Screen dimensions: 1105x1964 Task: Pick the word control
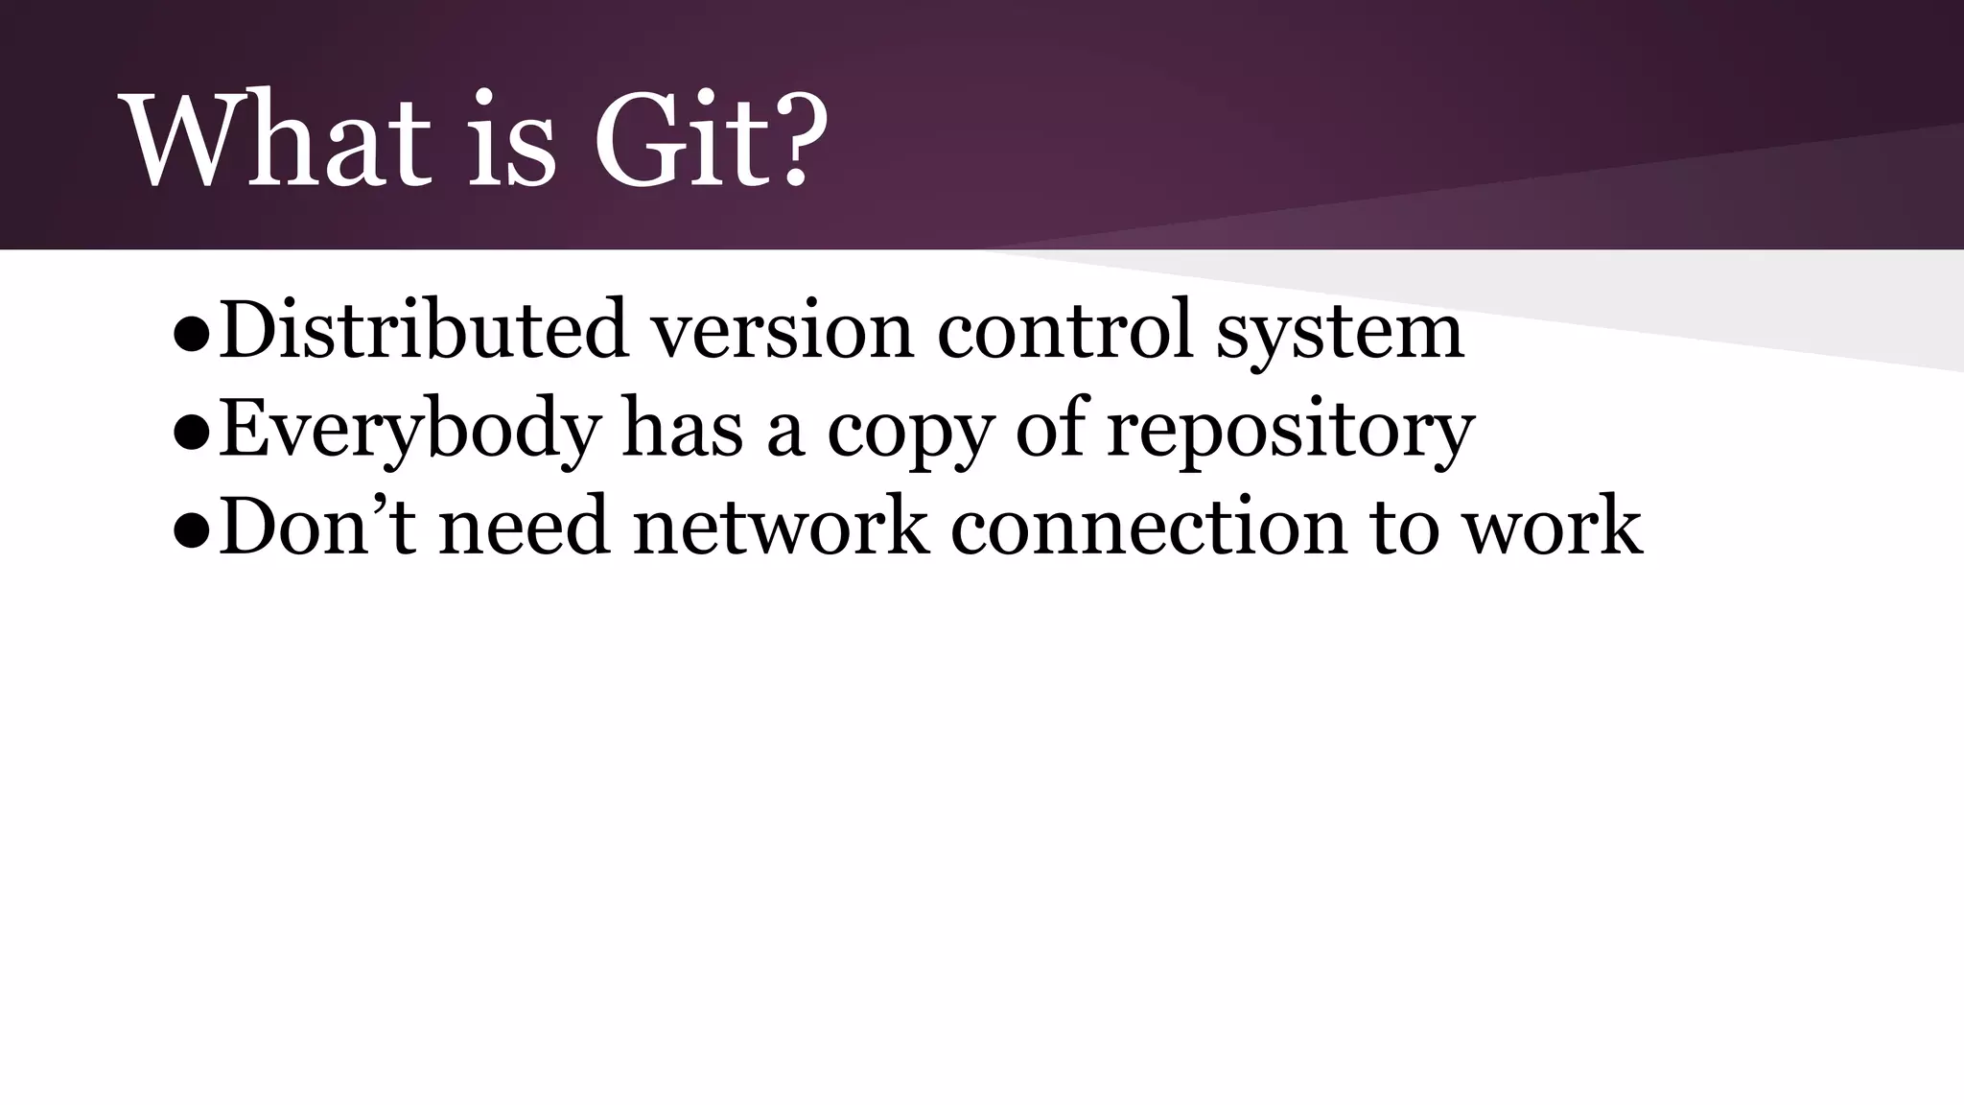1064,329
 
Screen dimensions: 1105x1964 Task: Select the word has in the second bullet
682,428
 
